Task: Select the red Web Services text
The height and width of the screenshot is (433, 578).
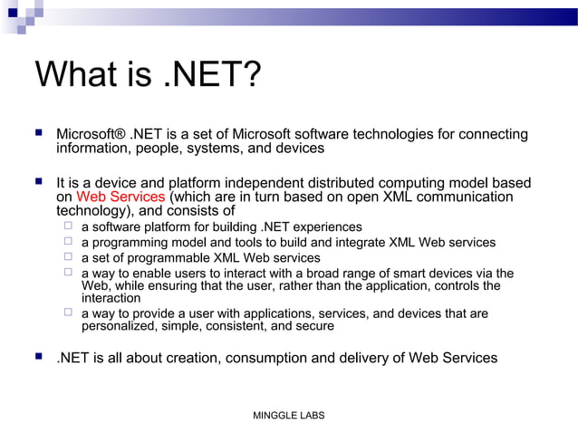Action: point(120,197)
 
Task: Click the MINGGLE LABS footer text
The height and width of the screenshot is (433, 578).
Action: point(288,415)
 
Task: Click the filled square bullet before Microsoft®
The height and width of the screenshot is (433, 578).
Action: point(38,133)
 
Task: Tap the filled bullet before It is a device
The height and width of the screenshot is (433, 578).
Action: point(38,182)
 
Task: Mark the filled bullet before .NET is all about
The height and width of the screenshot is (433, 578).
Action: point(38,357)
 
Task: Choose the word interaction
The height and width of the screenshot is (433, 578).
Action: point(111,297)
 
